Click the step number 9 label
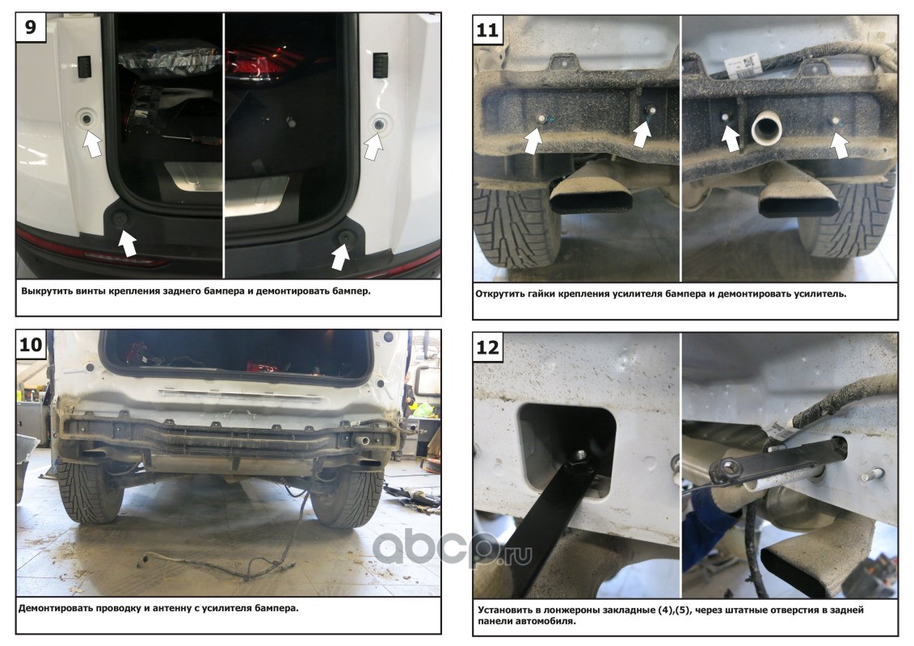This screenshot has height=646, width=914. coord(31,27)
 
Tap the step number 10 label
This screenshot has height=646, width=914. coord(31,344)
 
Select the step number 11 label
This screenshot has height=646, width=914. coord(487,29)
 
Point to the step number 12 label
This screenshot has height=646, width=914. coord(487,347)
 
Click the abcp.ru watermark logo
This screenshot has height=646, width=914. coord(452,548)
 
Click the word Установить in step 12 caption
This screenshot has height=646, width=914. coord(503,610)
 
